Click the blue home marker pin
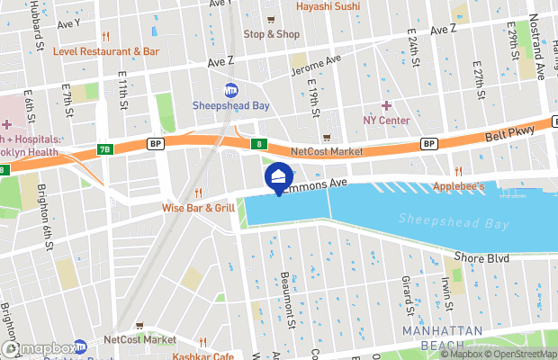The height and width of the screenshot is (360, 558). [278, 177]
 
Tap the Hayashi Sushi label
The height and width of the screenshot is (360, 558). [328, 7]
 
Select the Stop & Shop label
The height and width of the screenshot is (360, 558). [271, 34]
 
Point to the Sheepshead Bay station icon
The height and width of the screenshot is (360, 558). [230, 90]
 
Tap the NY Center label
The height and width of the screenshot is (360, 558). [386, 121]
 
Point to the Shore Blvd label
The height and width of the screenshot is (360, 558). [489, 259]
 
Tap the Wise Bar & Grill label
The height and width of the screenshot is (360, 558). [198, 208]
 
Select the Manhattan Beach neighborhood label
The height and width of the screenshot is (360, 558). [443, 337]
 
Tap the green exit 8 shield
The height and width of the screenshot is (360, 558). [259, 144]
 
